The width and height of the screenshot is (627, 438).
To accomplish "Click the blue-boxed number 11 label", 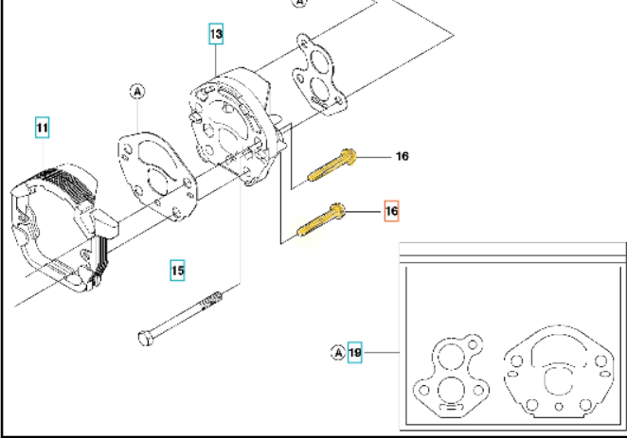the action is point(43,128).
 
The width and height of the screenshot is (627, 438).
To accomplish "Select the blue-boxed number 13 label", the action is point(216,34).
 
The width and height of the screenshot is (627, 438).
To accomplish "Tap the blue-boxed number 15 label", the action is point(177,271).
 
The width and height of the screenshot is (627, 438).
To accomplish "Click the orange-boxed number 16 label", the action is point(391,211).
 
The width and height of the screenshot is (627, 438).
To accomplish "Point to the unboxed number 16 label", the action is point(403,156).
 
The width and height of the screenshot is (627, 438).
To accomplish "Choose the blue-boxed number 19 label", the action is point(355,353).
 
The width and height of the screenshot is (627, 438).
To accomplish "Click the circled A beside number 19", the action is point(338,353).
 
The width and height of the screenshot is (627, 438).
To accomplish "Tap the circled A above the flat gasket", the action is point(137,92).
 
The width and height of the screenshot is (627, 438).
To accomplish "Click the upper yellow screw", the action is point(331,165).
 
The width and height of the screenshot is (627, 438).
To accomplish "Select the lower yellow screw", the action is point(321,220).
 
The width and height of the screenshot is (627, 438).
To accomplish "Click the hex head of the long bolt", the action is point(145,338).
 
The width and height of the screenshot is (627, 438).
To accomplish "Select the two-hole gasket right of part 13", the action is point(319,75).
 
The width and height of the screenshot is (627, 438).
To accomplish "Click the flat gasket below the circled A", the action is point(157,176).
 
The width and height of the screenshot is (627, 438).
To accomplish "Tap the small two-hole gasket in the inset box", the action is point(451,376).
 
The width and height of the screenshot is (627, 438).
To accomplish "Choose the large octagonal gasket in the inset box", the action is point(559,372).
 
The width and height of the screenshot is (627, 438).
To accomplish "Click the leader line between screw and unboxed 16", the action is point(374,157).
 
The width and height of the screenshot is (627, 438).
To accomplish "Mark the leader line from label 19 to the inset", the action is point(381,353).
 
